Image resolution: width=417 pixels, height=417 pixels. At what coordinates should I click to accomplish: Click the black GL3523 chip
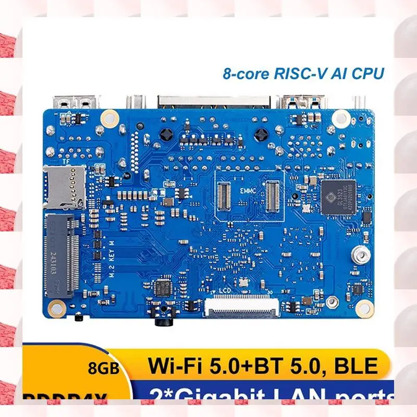tap(338, 197)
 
